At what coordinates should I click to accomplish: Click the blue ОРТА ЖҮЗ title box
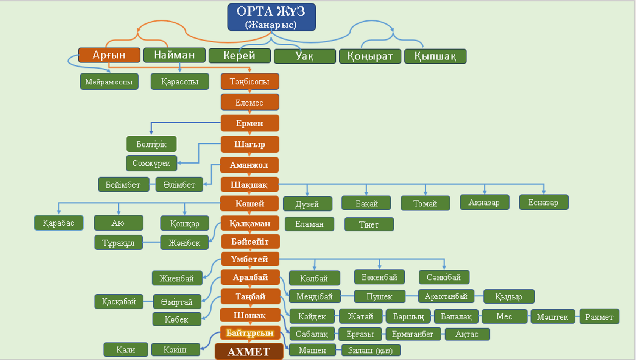point(271,17)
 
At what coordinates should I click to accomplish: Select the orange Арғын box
point(109,55)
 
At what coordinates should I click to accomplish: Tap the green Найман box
point(175,55)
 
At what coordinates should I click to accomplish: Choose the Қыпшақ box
point(435,56)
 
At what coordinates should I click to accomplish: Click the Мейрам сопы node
point(109,82)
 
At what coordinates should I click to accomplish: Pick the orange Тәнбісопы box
point(250,82)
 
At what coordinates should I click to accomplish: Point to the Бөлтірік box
point(151,144)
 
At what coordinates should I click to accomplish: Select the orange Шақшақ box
point(249,185)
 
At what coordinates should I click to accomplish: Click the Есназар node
point(544,203)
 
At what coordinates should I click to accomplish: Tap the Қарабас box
point(59,223)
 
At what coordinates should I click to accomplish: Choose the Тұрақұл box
point(118,243)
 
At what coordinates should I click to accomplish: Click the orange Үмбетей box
point(250,259)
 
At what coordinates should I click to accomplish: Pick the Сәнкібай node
point(444,277)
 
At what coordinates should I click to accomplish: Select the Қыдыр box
point(509,297)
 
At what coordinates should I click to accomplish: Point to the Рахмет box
point(599,317)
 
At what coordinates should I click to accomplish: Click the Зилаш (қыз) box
point(371,351)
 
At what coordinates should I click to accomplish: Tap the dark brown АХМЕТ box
point(249,352)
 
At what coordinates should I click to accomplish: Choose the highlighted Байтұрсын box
point(250,333)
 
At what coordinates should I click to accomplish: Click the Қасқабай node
point(119,302)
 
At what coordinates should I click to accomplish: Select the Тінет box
point(369,224)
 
